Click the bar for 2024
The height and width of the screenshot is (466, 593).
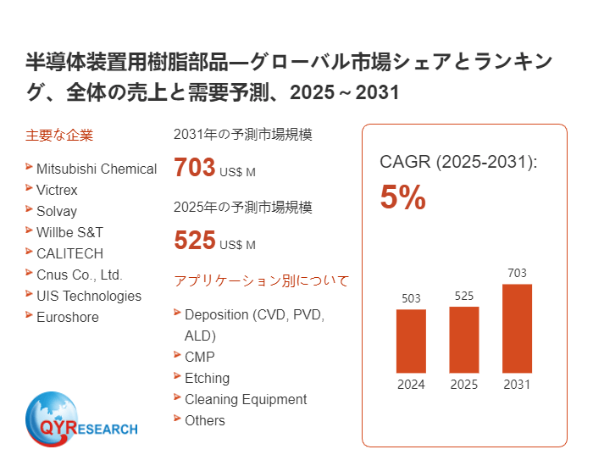[411, 341]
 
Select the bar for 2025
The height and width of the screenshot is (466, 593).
[464, 339]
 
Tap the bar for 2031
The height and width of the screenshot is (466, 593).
[517, 328]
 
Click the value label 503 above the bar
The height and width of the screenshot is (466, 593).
[411, 298]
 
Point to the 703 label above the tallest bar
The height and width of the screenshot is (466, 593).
[517, 273]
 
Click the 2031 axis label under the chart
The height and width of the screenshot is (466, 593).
[517, 385]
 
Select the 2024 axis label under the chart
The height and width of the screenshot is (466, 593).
[411, 385]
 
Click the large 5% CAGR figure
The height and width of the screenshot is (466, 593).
[402, 198]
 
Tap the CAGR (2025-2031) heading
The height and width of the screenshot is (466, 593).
[458, 162]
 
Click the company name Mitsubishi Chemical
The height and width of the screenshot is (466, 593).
[96, 169]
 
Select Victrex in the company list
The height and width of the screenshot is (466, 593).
[57, 190]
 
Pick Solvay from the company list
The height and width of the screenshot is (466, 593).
[56, 211]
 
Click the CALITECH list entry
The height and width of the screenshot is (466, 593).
[69, 253]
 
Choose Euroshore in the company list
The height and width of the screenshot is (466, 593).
[67, 317]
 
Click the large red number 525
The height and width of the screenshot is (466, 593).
[195, 241]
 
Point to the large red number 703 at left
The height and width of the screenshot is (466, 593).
[195, 168]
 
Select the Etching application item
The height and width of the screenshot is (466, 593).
[207, 378]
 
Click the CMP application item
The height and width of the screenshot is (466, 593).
[199, 357]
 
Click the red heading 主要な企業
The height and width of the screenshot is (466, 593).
[59, 135]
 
